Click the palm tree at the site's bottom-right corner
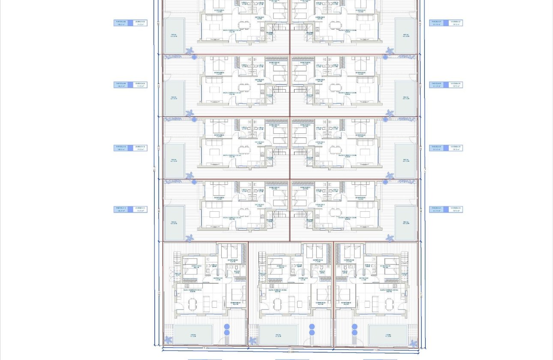(413, 343)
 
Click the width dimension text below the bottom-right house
(376, 350)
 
